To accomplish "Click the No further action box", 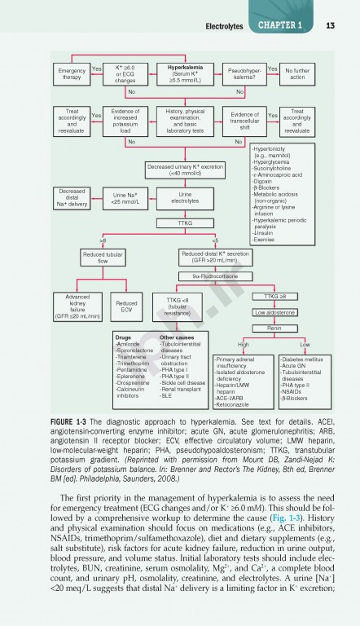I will pyautogui.click(x=297, y=74).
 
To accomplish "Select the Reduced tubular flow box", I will pyautogui.click(x=103, y=258).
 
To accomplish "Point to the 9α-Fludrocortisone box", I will pyautogui.click(x=214, y=277).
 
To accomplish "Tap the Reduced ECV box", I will pyautogui.click(x=127, y=306).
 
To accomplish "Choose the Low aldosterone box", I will pyautogui.click(x=274, y=312).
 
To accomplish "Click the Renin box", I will pyautogui.click(x=274, y=328).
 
